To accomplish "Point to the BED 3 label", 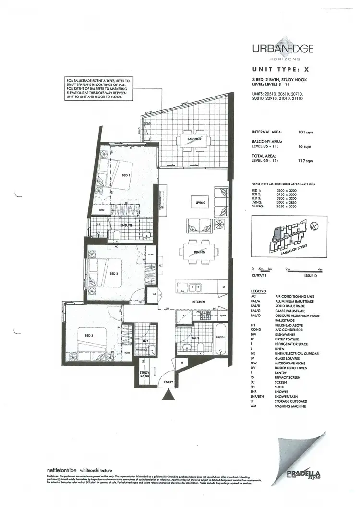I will click(89, 335).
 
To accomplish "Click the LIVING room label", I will click(200, 203).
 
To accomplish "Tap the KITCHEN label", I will click(199, 302).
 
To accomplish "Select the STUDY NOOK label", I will click(144, 374).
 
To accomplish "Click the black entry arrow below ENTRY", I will click(168, 395).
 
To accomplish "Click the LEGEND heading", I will click(258, 291).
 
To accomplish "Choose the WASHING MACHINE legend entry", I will click(290, 406).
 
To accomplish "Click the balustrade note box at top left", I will click(98, 88).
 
